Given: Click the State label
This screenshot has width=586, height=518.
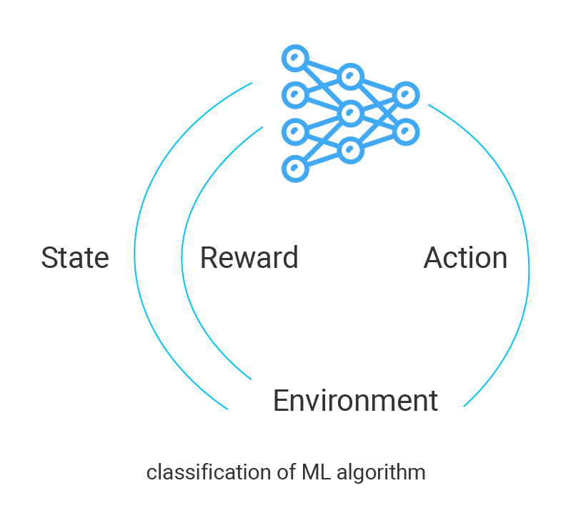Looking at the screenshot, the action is (75, 257).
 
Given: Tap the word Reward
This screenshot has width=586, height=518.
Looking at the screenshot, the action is (249, 257).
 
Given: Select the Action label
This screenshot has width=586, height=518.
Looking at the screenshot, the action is (466, 257).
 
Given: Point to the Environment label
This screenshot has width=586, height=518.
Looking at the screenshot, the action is (355, 400).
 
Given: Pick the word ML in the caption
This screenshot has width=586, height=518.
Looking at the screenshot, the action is (316, 472).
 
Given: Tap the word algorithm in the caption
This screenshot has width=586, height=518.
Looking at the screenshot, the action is (381, 473).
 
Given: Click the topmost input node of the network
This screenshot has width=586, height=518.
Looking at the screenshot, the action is (295, 59).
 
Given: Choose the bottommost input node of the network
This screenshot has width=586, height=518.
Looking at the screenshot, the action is (295, 169).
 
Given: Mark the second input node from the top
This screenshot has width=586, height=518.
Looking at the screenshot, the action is (295, 95).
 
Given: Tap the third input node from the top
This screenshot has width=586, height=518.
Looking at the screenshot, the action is (295, 131).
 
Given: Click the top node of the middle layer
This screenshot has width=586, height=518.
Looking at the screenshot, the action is (351, 76).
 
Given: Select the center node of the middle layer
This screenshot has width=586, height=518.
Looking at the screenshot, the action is (351, 113).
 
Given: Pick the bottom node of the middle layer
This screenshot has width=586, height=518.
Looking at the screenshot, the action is (351, 150).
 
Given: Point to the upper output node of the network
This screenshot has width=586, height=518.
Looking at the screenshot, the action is (406, 95).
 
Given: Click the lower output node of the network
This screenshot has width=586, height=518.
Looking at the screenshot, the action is (406, 131).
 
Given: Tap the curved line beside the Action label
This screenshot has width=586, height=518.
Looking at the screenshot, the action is (528, 258).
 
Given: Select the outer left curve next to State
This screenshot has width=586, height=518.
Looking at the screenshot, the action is (134, 254).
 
